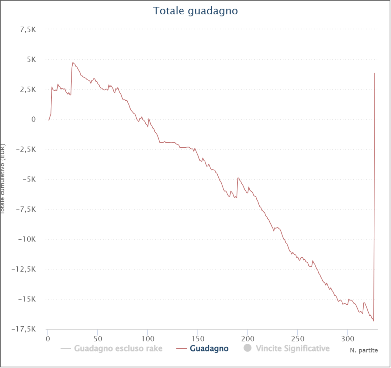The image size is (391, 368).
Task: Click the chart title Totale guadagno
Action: point(195,11)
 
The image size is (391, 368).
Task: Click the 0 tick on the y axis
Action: point(33,119)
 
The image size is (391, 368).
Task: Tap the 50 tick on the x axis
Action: point(97,339)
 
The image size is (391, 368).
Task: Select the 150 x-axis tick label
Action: point(197,339)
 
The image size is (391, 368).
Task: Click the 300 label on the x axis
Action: point(347,339)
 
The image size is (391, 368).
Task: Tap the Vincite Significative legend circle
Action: point(247,348)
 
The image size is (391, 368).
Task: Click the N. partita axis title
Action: point(364,350)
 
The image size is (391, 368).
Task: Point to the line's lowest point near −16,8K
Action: point(373,321)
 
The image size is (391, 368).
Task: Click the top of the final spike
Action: point(375,73)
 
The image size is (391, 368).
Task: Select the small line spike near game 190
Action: point(238,178)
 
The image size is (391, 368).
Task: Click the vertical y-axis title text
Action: point(3,180)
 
